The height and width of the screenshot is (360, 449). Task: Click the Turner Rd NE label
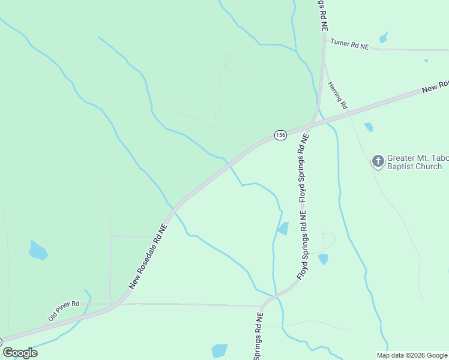(x=349, y=44)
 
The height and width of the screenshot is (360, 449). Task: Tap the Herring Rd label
(x=338, y=95)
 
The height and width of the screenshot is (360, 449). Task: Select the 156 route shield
(x=280, y=135)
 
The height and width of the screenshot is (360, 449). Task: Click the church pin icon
(x=378, y=161)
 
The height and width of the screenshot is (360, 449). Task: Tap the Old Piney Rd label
(x=64, y=311)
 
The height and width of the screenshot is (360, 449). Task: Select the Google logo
(x=20, y=353)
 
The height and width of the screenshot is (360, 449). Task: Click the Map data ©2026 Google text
(x=412, y=355)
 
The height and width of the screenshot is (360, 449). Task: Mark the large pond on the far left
(x=38, y=250)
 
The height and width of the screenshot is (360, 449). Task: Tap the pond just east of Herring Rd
(x=369, y=127)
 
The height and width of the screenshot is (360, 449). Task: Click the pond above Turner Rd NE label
(x=383, y=38)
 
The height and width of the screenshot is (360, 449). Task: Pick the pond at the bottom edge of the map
(x=220, y=350)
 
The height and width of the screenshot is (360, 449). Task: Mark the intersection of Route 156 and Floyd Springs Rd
(x=311, y=125)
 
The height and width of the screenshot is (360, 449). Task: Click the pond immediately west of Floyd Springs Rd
(x=283, y=229)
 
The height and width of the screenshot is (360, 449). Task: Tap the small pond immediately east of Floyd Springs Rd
(x=324, y=259)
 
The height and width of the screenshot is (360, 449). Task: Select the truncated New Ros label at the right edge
(x=435, y=86)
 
